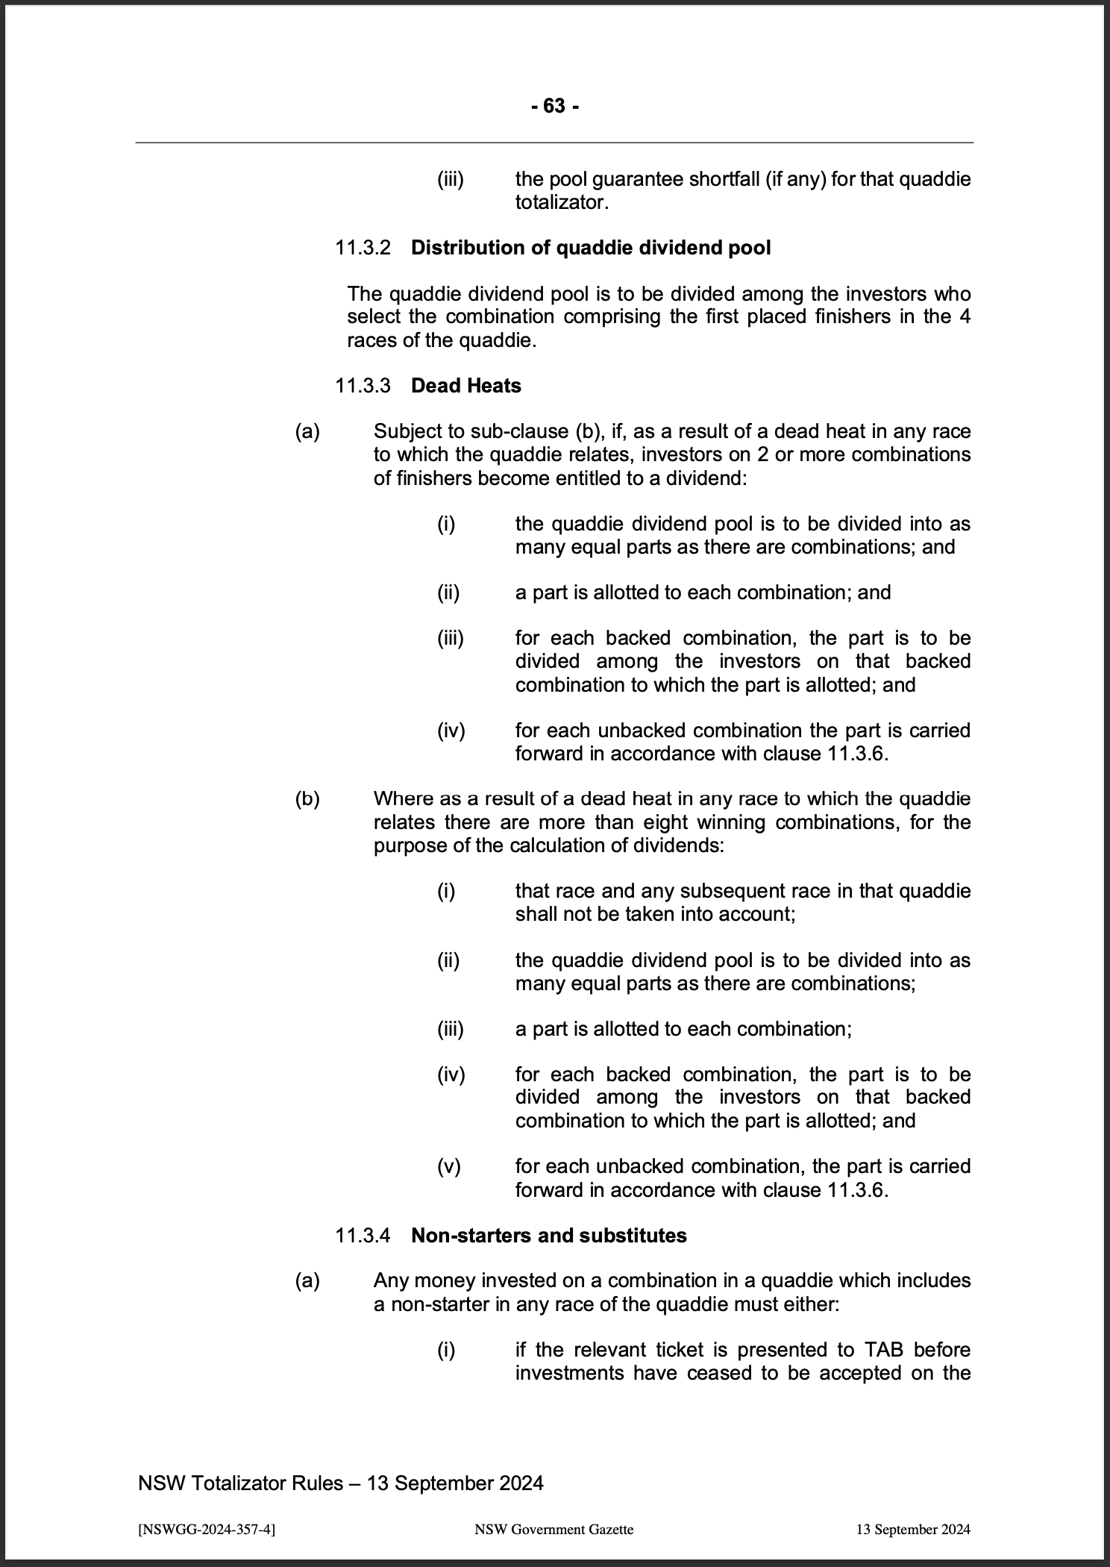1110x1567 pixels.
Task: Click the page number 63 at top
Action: point(554,107)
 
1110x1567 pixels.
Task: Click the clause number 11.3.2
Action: point(363,248)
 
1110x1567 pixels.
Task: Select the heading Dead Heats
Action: point(465,386)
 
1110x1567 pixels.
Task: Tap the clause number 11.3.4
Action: point(363,1235)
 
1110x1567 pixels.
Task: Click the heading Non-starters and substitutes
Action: point(548,1235)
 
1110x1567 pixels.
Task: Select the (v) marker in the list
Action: point(449,1166)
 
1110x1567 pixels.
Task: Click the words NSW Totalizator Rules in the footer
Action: point(239,1483)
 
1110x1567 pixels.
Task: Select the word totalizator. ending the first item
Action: point(561,203)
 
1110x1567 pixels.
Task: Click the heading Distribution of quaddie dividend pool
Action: point(591,248)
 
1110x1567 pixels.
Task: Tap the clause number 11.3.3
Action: point(363,386)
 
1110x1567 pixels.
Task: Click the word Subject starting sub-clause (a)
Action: point(406,431)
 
